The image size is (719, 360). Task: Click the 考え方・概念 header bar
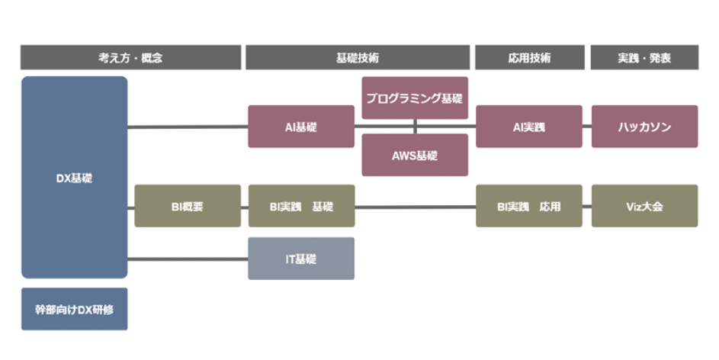[130, 58]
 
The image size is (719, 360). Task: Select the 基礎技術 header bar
[357, 58]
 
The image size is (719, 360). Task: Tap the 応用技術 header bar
[529, 58]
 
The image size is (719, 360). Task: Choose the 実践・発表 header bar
[644, 58]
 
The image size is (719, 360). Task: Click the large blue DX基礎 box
[74, 178]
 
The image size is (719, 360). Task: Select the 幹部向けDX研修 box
[74, 309]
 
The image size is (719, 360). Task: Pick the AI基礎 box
[301, 127]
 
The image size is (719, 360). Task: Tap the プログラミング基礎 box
[415, 98]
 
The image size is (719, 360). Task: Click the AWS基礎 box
[415, 155]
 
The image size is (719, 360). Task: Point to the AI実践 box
[529, 127]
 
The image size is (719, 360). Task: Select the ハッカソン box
[644, 127]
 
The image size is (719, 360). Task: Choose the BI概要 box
[188, 206]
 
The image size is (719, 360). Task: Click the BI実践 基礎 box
[301, 206]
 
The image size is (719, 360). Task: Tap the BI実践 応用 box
[529, 206]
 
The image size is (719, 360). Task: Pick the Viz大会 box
[644, 206]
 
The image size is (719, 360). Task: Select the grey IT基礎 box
[301, 259]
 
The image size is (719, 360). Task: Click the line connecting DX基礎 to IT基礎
[188, 259]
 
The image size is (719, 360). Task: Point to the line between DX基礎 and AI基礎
[188, 127]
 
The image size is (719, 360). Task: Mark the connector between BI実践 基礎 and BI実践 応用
[415, 206]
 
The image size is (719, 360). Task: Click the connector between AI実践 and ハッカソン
[587, 127]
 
